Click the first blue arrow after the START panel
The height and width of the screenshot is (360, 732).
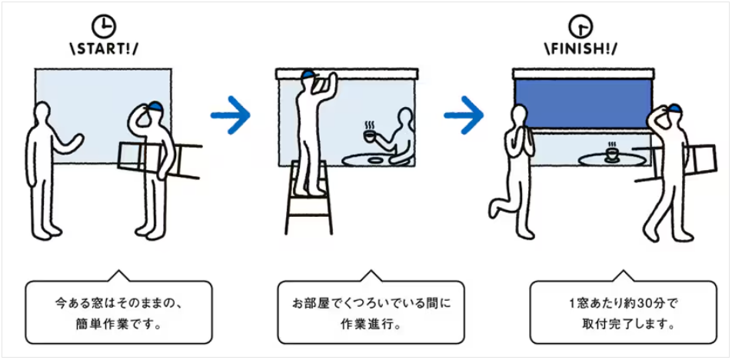coord(231,115)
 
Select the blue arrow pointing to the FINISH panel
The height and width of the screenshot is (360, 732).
coord(464,115)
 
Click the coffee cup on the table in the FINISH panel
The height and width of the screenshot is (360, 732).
coord(612,154)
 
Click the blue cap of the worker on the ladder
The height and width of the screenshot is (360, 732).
coord(309,75)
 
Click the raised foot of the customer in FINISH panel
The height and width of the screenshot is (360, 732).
coord(496,207)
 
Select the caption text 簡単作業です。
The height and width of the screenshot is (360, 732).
coord(118,324)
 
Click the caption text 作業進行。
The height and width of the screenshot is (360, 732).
coord(370,324)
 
